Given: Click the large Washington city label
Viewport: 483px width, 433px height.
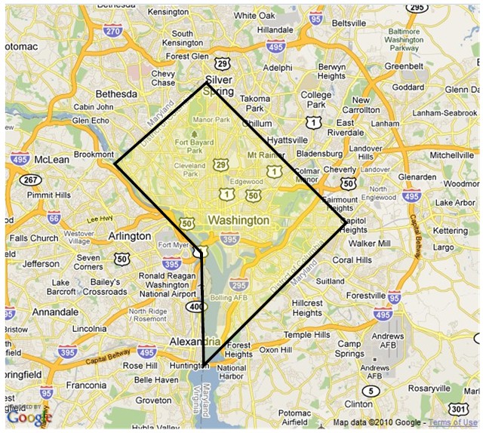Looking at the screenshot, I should coord(238,220).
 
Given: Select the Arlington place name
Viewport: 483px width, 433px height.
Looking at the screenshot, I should coord(129,236).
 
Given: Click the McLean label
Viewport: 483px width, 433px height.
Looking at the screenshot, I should coord(52,159).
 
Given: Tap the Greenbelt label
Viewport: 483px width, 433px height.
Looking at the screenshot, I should coord(404,66).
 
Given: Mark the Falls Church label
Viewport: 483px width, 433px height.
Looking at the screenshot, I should coord(33,238).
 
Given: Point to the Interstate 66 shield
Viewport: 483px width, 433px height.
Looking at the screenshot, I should coord(53,218).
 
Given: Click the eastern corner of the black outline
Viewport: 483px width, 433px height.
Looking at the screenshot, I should coord(346,222).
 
